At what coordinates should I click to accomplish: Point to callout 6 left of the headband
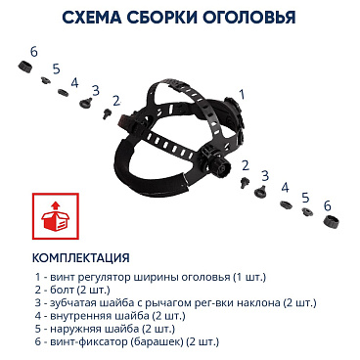tap(34, 51)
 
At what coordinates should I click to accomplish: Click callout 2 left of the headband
tap(116, 100)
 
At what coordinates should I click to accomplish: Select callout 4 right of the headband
tap(285, 186)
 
